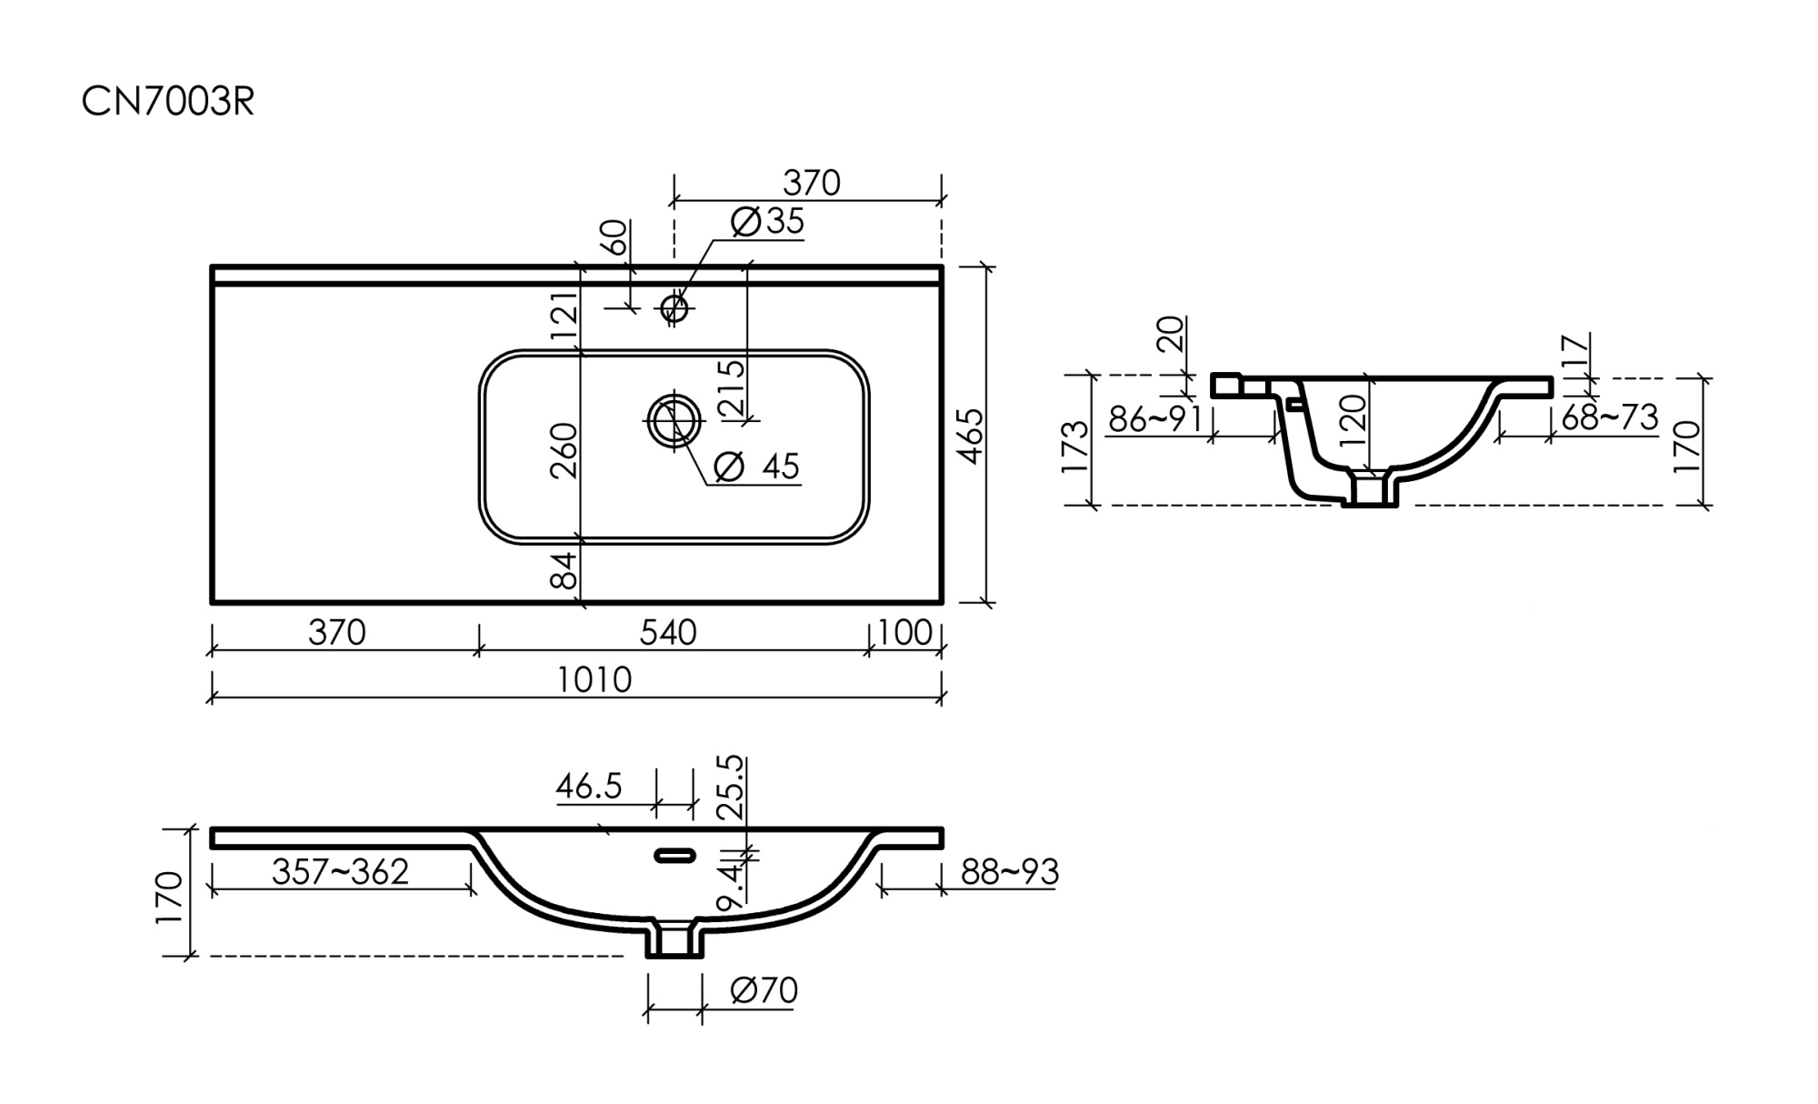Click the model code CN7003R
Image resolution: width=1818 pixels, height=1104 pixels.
click(x=168, y=102)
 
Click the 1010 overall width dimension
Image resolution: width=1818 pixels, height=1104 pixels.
click(x=594, y=679)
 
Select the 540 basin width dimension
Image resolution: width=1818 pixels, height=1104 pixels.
click(x=668, y=632)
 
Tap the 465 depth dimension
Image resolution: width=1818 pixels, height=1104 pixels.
click(x=971, y=436)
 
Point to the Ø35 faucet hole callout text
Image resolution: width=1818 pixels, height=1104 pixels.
click(x=768, y=221)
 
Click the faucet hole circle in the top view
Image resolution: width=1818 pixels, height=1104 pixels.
click(x=674, y=307)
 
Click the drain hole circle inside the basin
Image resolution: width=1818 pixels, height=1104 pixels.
click(x=674, y=420)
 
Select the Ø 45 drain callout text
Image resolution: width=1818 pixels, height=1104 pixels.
click(x=756, y=467)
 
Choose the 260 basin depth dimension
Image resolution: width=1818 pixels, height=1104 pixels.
click(x=564, y=449)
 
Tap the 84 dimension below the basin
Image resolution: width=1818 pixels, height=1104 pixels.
click(x=564, y=570)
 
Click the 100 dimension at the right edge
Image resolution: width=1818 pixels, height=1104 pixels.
click(x=905, y=632)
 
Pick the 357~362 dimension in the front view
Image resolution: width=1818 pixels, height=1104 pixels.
click(x=341, y=871)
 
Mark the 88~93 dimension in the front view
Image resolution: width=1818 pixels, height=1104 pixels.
click(x=1010, y=871)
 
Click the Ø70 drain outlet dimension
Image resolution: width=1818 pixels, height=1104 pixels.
click(x=764, y=990)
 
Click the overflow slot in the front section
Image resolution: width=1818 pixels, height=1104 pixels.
click(x=675, y=855)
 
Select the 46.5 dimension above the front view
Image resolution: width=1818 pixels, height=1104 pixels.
click(x=589, y=786)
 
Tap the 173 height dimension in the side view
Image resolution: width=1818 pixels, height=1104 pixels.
click(x=1074, y=446)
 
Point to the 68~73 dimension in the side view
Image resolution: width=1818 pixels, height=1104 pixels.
click(x=1610, y=417)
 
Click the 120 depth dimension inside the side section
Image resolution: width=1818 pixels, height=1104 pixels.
click(x=1354, y=418)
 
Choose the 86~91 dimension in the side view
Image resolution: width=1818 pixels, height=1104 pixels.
click(x=1155, y=419)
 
